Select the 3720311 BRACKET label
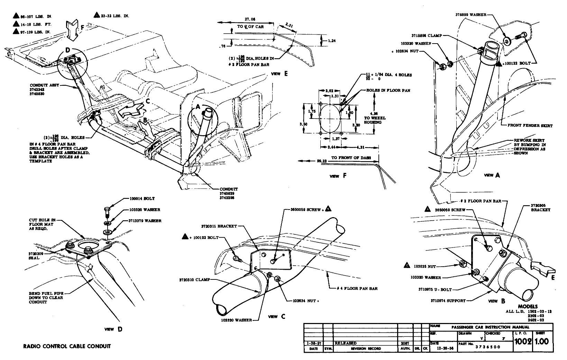218,226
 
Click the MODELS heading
528,306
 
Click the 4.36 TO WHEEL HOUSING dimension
377,118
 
